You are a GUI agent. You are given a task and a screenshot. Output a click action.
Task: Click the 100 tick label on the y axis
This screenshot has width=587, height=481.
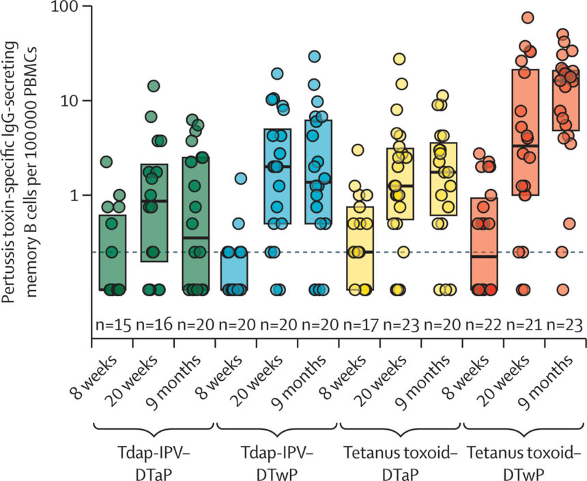coord(63,7)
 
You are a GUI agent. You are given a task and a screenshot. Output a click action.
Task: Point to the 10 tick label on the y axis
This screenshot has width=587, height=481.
coord(68,100)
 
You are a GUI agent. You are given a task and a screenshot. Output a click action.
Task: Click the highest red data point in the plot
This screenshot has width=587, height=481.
coord(527,17)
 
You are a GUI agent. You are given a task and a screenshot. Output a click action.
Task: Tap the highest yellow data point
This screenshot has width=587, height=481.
coord(399,59)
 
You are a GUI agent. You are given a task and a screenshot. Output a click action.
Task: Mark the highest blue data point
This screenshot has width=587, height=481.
coord(315,57)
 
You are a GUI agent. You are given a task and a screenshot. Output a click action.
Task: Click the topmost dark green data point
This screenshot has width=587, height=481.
coord(154,86)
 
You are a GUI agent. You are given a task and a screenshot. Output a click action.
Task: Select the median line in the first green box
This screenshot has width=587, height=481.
coord(113,289)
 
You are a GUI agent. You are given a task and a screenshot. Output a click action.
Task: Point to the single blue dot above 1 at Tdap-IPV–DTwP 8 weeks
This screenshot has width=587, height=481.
coord(240,179)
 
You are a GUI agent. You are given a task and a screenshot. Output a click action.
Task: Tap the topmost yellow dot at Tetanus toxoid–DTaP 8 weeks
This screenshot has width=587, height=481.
coord(356,150)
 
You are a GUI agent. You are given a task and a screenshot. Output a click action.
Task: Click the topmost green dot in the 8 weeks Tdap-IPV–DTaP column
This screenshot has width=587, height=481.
coord(106,162)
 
